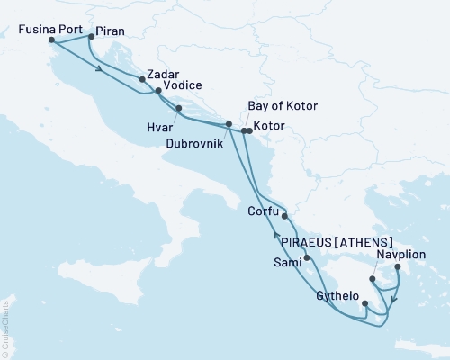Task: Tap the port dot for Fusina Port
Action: (x=51, y=40)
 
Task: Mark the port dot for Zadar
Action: (x=142, y=79)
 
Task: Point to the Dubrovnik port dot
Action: (x=229, y=124)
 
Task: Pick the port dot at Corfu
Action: (x=284, y=216)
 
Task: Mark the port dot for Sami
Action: (x=307, y=257)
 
